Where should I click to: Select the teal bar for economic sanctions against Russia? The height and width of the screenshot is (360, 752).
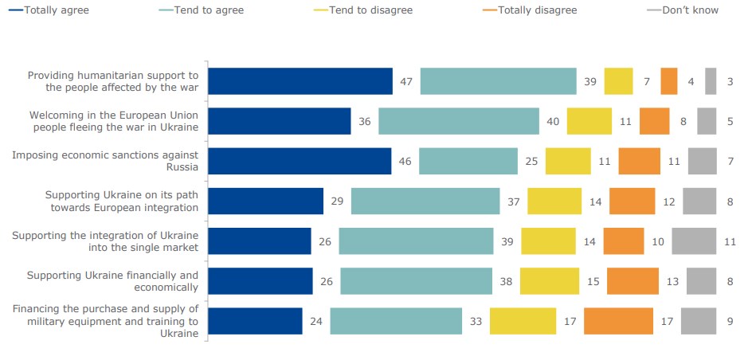[x=468, y=161]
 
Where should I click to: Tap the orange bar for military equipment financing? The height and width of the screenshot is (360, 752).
[x=618, y=321]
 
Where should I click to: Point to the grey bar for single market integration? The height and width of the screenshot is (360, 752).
[x=694, y=241]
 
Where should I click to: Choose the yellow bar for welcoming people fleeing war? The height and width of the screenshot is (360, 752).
[x=589, y=121]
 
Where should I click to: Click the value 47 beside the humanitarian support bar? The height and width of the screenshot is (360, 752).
[x=405, y=81]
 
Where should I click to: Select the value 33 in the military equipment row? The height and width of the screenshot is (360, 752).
[x=475, y=321]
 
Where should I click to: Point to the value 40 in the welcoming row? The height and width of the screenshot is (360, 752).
[x=552, y=121]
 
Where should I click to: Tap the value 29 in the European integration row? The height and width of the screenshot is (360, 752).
[x=337, y=202]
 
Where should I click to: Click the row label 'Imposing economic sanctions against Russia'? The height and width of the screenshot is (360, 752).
[x=105, y=161]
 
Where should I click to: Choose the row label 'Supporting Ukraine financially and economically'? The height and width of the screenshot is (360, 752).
[x=112, y=281]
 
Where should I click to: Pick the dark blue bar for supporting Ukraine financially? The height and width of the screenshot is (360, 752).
[x=260, y=281]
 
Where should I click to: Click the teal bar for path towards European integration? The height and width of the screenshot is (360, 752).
[x=425, y=202]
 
